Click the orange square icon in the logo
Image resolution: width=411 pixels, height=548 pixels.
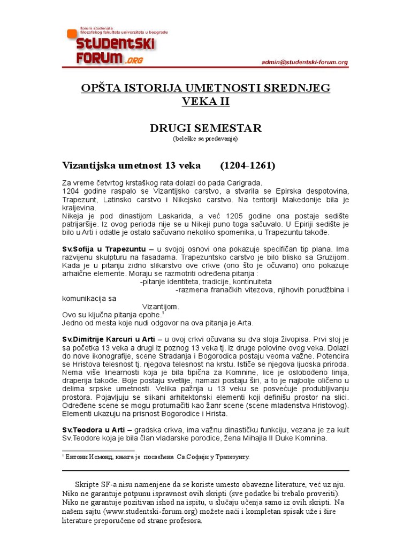pos(72,34)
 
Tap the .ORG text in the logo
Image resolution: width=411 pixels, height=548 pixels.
pos(134,60)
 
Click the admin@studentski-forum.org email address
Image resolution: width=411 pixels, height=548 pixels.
pos(305,62)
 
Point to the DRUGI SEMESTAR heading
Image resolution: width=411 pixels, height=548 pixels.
pos(205,128)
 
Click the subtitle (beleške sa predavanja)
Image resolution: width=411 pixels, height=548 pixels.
pos(205,139)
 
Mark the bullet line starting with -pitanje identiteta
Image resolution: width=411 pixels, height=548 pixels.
pos(205,281)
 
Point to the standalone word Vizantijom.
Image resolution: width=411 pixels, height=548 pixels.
pos(161,307)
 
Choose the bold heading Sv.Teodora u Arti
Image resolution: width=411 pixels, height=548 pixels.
pos(94,430)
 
